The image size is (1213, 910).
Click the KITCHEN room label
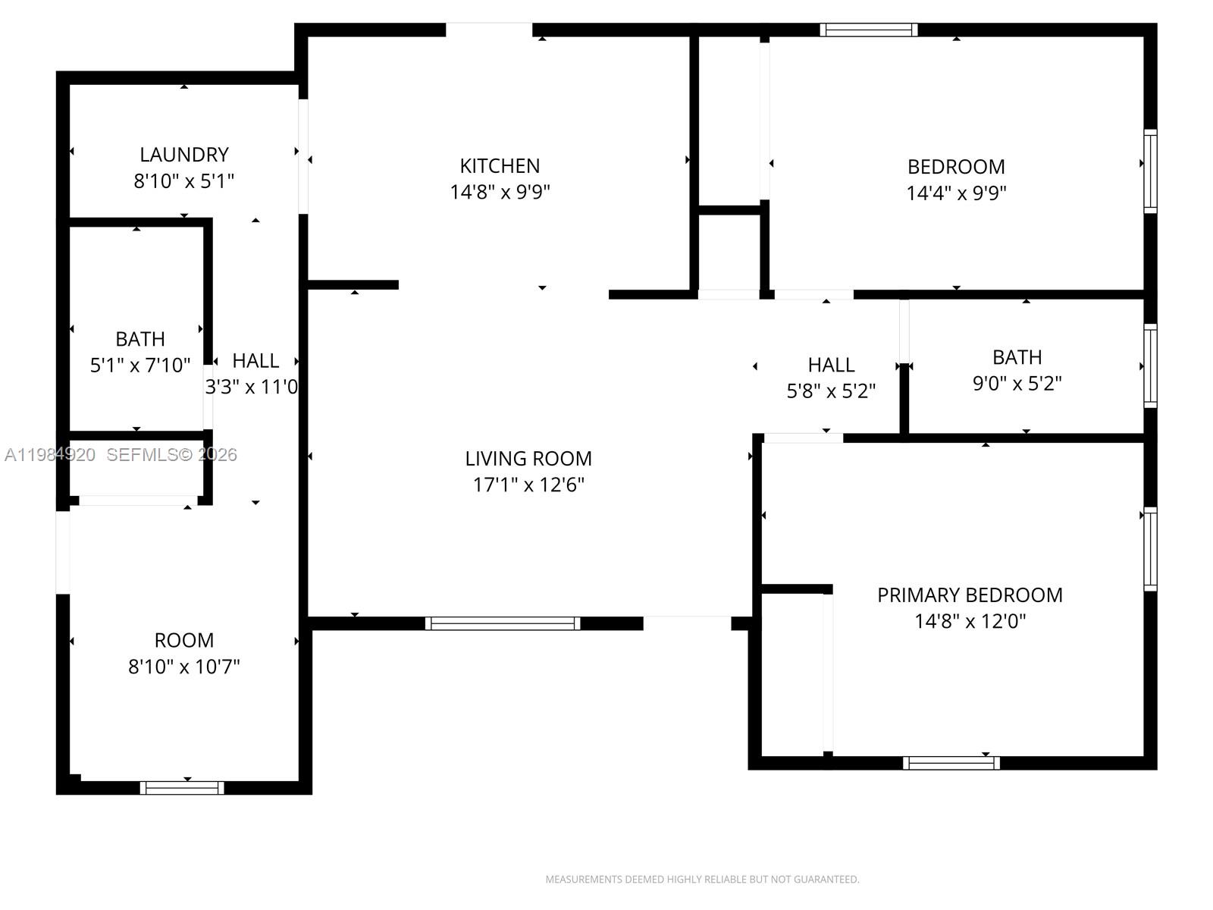click(x=500, y=165)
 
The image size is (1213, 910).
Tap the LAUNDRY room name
click(x=184, y=155)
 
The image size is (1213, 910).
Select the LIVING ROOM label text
click(x=528, y=458)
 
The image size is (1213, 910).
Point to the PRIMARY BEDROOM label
click(x=970, y=595)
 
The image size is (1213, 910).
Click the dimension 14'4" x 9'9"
click(x=956, y=193)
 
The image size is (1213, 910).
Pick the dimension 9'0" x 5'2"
click(x=1017, y=383)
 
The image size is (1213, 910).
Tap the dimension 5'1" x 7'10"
click(x=140, y=365)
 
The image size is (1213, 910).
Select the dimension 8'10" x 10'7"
click(x=184, y=666)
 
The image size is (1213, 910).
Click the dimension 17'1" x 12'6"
click(x=528, y=485)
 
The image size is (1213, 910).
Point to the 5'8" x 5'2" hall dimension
click(x=831, y=391)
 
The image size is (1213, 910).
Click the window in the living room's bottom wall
click(x=503, y=623)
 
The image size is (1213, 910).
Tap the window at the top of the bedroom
click(x=869, y=30)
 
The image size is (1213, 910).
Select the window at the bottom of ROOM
click(x=182, y=788)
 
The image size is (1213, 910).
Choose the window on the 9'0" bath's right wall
click(x=1150, y=366)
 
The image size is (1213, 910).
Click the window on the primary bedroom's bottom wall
click(x=951, y=763)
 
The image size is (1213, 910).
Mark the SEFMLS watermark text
click(x=171, y=454)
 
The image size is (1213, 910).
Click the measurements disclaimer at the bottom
click(x=702, y=880)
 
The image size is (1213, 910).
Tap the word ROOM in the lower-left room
click(x=184, y=640)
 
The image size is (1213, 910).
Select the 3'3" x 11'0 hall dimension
click(x=252, y=387)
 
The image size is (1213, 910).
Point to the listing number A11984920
click(x=50, y=454)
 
